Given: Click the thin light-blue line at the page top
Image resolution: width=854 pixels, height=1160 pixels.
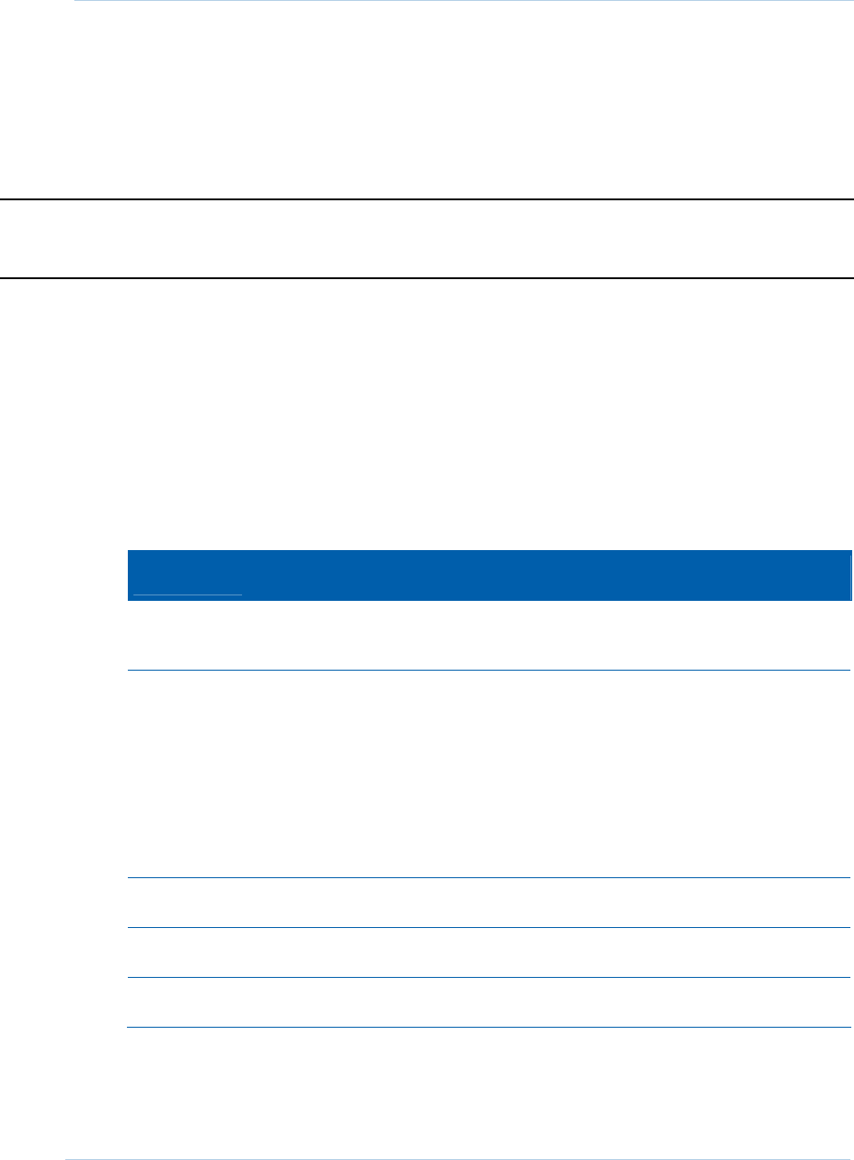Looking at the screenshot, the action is pos(462,1).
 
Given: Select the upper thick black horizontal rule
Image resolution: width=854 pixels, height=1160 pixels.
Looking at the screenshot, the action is pos(426,199).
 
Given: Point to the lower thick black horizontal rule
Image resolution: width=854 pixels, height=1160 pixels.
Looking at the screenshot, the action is pos(426,277).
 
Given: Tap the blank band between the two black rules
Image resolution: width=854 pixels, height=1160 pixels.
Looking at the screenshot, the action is pos(426,238).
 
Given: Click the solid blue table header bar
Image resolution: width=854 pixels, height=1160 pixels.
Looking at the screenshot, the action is pos(490,575).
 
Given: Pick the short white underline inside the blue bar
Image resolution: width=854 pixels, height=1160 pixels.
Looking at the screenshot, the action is pos(188,594).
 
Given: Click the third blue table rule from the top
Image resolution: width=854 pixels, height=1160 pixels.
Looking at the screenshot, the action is pos(490,927).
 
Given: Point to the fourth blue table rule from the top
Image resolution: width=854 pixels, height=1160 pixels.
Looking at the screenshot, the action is pos(490,977).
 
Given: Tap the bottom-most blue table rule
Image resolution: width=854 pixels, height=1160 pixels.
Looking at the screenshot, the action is pos(490,1027).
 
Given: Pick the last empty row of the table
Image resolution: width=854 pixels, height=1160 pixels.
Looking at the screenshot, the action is pos(490,1002).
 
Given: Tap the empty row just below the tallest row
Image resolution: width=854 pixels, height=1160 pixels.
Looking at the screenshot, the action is pos(490,903).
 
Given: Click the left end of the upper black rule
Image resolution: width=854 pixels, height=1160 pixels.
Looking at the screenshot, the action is pos(4,199).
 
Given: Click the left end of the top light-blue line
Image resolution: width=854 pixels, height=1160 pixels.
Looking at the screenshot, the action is pos(76,1).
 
